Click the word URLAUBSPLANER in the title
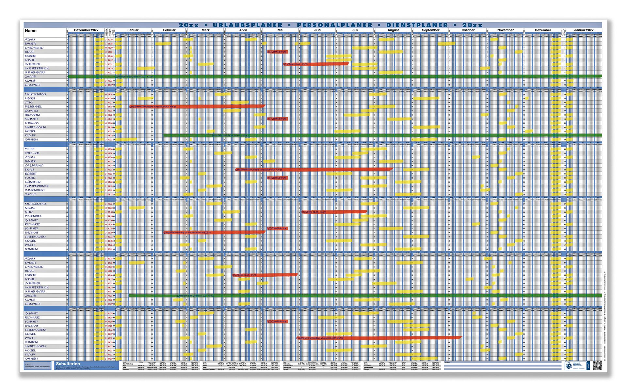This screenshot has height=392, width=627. pos(248,25)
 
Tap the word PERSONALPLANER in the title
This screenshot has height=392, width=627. pos(334,25)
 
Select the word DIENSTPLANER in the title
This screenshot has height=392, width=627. pos(417,25)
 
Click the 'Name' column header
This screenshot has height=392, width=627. pos(31,31)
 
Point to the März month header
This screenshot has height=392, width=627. pos(205,30)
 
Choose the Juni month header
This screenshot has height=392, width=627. pos(317,30)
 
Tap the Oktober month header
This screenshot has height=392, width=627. pos(468,30)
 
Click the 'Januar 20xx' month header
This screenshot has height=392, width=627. pos(584,30)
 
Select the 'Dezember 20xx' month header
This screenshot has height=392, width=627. pos(86,30)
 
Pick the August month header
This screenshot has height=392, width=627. pos(393,30)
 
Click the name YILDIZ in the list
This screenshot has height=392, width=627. pos(30,149)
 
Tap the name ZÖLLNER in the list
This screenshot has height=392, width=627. pos(32,153)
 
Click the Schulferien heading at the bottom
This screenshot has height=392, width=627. pos(68,364)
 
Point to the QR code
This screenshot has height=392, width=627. pos(597,366)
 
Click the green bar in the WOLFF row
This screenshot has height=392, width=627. pos(359,135)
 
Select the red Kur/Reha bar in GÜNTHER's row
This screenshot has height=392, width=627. pos(316,64)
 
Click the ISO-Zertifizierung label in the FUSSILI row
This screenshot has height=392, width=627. pos(277,178)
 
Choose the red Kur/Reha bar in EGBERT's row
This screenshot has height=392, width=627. pos(265,275)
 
